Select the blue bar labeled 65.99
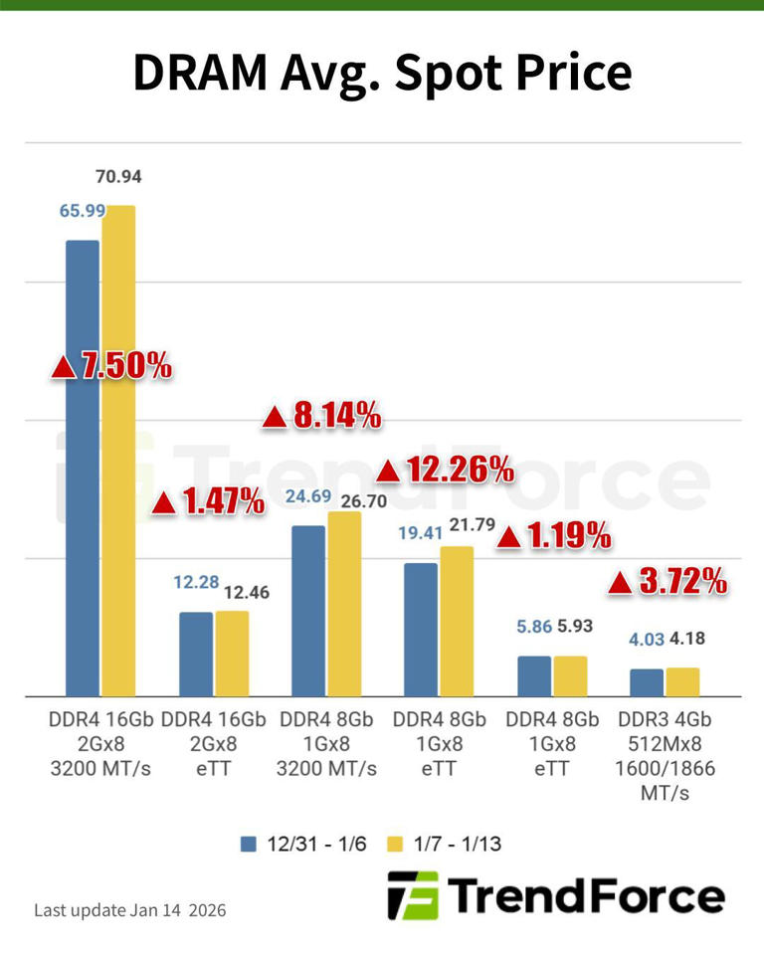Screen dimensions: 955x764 [83, 468]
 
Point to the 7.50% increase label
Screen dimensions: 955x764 [111, 365]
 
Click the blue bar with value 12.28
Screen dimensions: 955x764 [196, 654]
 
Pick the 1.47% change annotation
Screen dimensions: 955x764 [208, 503]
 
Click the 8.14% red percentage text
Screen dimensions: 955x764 [322, 417]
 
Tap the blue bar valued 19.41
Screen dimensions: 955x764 [421, 630]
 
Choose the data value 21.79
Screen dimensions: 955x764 [473, 524]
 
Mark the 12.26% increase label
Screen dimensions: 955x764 [446, 468]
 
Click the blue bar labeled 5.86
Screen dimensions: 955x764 [534, 675]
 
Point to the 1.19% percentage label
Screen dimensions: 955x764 [553, 537]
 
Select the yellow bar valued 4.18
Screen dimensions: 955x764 [682, 681]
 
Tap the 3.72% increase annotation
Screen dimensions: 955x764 [668, 582]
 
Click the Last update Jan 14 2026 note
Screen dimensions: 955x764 [130, 910]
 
